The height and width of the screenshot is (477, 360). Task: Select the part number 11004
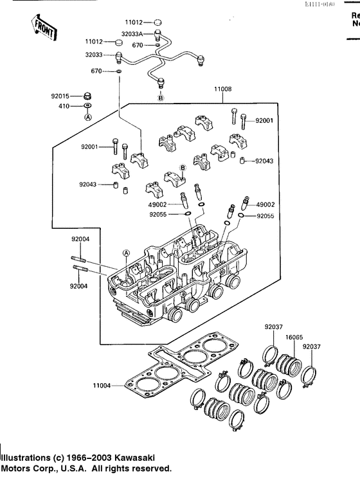point(102,386)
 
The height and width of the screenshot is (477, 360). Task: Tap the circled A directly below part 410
point(88,117)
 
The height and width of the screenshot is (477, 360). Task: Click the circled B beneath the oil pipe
point(161,98)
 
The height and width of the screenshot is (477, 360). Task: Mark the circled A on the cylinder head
point(127,254)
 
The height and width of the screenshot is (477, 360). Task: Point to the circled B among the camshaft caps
point(183,167)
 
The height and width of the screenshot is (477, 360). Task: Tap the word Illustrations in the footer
point(27,457)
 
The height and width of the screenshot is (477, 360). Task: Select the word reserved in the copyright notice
point(150,468)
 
